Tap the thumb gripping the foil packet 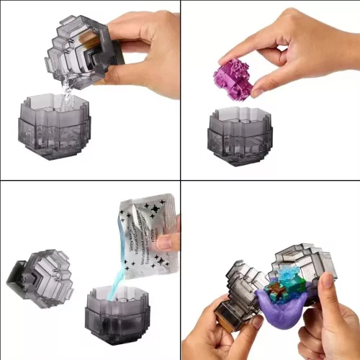(x=167, y=243)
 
